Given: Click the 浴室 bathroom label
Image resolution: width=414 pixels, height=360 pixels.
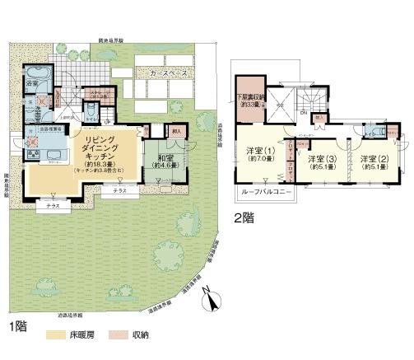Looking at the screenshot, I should pos(33,84).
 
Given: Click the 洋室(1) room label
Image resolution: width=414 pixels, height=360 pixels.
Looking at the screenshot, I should pos(258,152).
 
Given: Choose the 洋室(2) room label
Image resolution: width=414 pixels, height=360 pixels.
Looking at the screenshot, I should pos(373,158).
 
